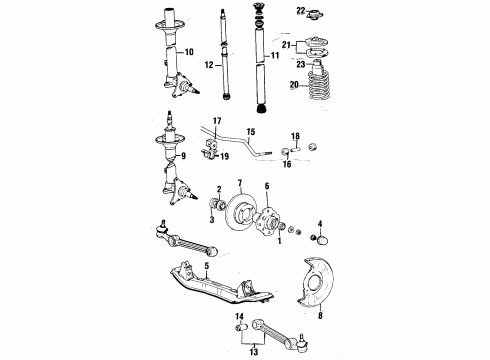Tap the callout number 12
[209, 65]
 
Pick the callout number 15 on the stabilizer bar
[251, 131]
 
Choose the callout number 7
[242, 184]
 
